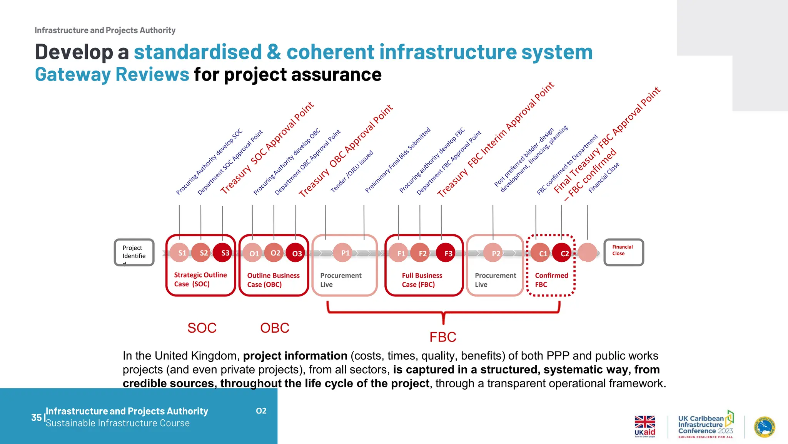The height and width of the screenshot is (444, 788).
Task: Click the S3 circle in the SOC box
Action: tap(222, 253)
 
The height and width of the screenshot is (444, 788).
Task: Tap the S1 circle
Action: tap(179, 253)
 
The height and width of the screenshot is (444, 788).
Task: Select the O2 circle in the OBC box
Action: tap(274, 253)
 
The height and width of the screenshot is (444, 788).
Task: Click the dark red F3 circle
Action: tap(446, 253)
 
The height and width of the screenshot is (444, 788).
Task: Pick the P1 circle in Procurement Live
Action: tap(343, 253)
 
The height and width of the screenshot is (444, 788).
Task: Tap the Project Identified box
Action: tap(134, 252)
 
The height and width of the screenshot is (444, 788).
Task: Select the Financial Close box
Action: tap(624, 252)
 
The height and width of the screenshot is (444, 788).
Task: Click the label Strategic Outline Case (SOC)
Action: tap(200, 279)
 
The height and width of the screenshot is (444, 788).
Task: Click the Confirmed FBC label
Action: tap(551, 280)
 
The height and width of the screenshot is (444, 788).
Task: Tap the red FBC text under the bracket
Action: tap(443, 337)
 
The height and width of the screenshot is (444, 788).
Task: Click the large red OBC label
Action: tap(275, 328)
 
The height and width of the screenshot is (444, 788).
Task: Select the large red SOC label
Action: tap(202, 328)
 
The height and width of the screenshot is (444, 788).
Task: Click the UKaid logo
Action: tap(645, 426)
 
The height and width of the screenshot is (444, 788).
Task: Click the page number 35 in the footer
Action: tap(36, 417)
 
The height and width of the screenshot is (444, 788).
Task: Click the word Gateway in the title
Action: tap(73, 74)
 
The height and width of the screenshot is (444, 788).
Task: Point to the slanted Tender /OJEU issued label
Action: tap(352, 172)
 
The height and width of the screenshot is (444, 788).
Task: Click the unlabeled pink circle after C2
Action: tap(587, 252)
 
